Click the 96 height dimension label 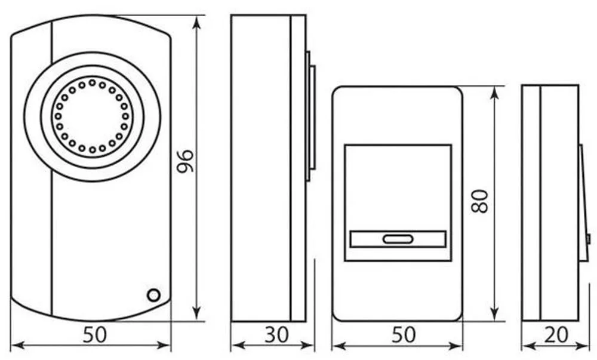pos(186,161)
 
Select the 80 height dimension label pos(480,201)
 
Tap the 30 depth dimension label pos(277,336)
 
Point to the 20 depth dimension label pos(556,336)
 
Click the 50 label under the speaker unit pos(95,336)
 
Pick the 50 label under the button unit pos(404,336)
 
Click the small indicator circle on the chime pos(153,296)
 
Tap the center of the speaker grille pos(92,116)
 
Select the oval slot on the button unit pos(398,239)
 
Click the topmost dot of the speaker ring pos(92,82)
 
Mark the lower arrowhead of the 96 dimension pos(196,313)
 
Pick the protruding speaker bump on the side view pos(310,116)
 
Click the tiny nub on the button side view pos(588,239)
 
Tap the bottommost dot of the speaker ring pos(92,150)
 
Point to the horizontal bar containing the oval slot pos(398,239)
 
